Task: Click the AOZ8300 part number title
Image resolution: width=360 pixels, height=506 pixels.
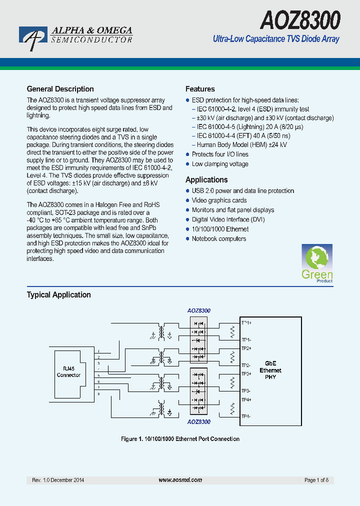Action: (300, 20)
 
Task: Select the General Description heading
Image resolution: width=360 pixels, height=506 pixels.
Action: (60, 89)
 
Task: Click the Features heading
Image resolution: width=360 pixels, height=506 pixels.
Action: (200, 89)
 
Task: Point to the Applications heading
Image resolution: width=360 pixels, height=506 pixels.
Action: (206, 179)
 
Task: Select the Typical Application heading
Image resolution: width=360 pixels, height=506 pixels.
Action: (58, 294)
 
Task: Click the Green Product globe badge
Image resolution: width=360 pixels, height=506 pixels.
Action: (317, 263)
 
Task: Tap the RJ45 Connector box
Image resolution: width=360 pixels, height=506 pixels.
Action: (68, 372)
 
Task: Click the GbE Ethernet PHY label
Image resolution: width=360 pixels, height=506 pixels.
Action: (270, 370)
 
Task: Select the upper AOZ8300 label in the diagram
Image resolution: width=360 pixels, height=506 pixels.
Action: (198, 310)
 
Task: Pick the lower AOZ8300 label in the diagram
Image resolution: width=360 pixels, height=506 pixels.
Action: (198, 422)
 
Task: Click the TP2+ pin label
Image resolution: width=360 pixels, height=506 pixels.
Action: (246, 348)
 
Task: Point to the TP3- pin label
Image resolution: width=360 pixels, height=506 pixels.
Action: (246, 391)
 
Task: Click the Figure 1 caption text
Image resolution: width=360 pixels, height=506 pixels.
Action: (180, 439)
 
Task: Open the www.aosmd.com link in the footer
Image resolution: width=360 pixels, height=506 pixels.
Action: (180, 480)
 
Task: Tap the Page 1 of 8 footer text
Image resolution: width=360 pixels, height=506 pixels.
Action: (316, 480)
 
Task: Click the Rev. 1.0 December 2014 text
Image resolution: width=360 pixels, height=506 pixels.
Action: (58, 480)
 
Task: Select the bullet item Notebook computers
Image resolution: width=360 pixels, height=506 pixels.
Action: (218, 238)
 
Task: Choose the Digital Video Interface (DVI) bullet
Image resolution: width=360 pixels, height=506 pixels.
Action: (228, 219)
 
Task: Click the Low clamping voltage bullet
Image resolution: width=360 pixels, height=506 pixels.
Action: (220, 164)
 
